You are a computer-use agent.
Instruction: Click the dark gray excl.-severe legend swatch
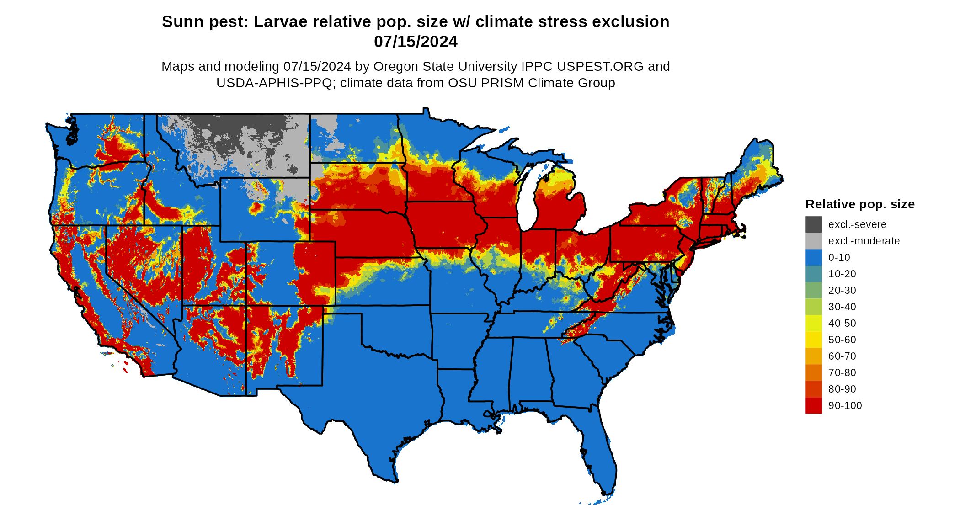813,224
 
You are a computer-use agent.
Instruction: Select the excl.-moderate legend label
864,241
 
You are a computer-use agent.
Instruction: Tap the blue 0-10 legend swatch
813,257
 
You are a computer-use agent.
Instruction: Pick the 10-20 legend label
842,274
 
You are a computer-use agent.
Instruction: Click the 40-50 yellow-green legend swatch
813,323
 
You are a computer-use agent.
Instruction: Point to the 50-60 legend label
842,340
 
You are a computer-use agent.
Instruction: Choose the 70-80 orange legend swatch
813,372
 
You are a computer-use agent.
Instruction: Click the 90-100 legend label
845,405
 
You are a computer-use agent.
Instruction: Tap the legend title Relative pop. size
860,204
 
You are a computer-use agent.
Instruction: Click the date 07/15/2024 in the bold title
416,42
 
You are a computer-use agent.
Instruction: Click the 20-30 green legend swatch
813,290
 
